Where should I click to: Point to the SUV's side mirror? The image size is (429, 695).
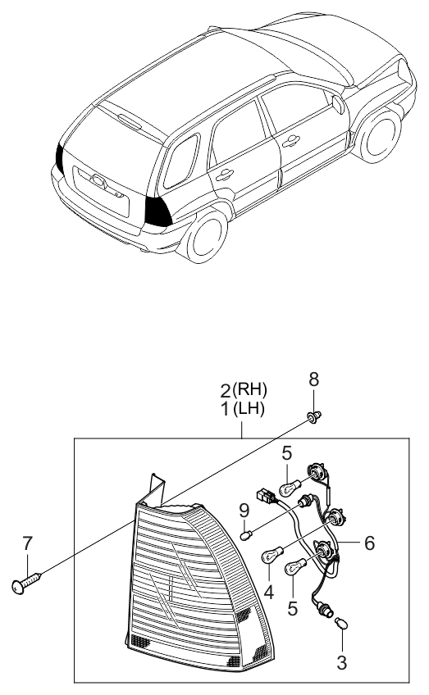click(x=338, y=102)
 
